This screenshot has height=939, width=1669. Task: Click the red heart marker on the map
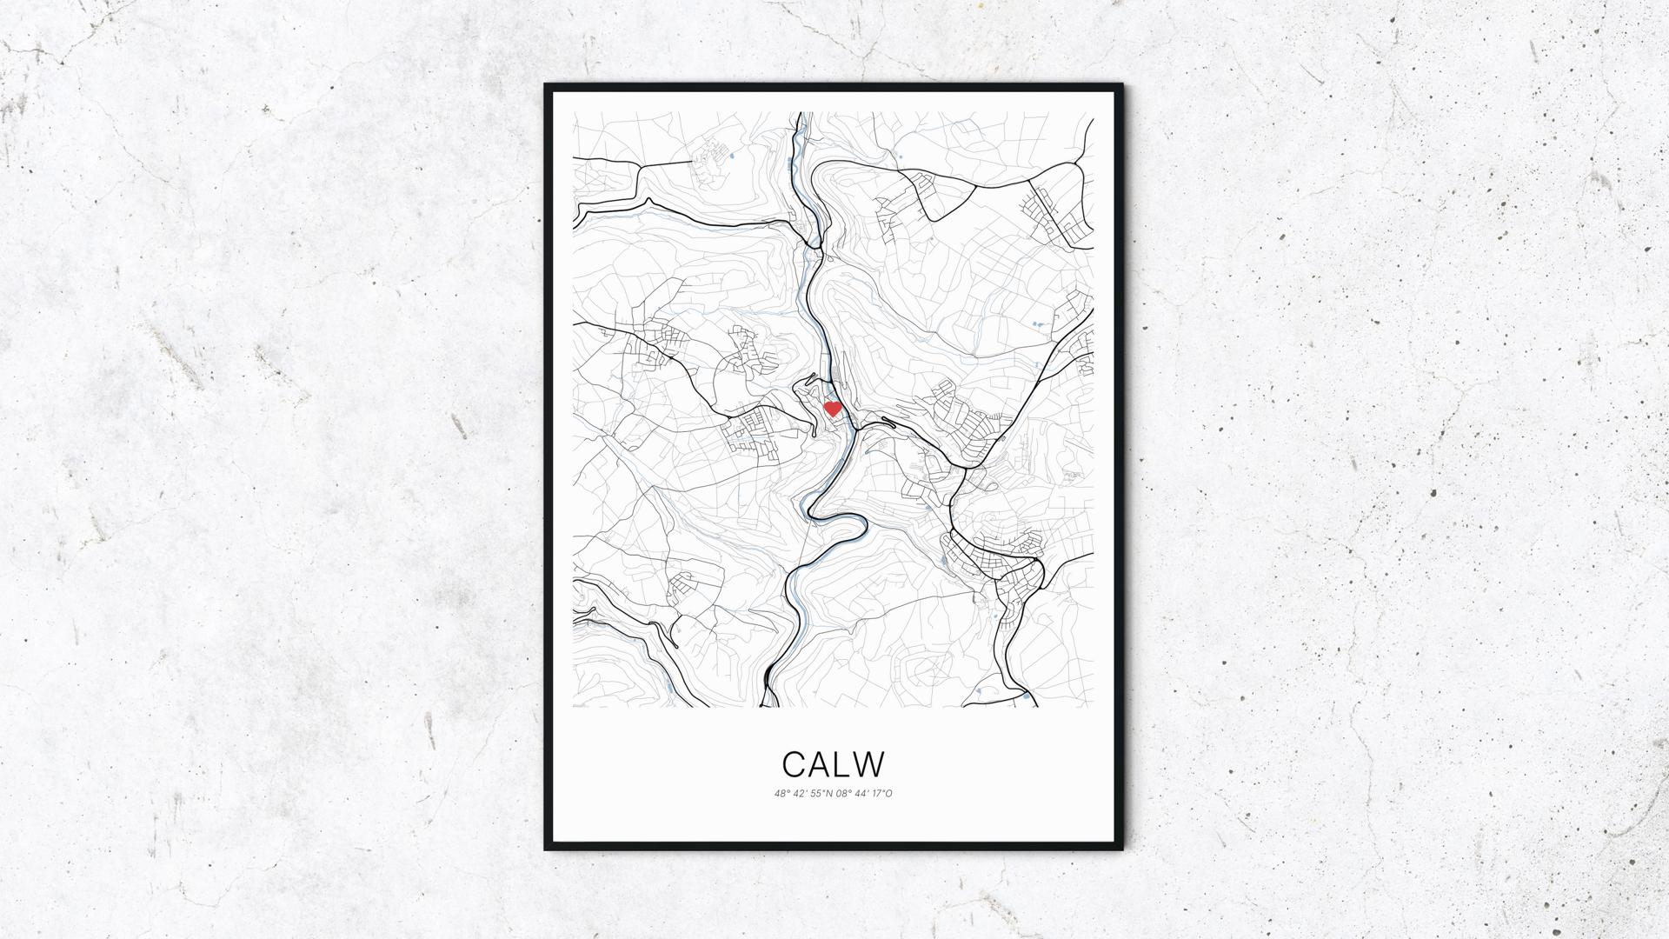point(832,408)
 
